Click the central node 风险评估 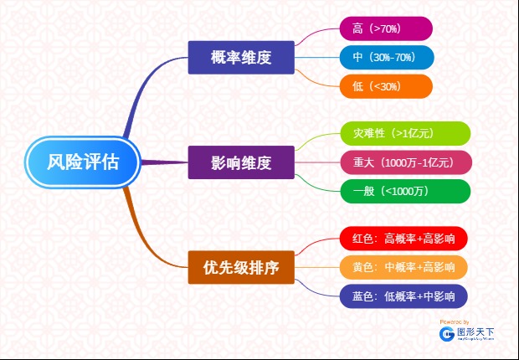pos(82,161)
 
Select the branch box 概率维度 pos(240,58)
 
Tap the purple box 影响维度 pos(240,162)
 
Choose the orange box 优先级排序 pos(240,267)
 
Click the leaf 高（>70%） pos(385,29)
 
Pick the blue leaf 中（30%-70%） pos(385,58)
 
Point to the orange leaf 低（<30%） pos(385,86)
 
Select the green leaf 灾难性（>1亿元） pos(405,133)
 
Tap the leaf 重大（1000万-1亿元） pos(405,162)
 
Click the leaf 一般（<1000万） pos(405,191)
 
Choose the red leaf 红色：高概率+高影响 pos(403,239)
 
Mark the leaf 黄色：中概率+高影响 pos(403,267)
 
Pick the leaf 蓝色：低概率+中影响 pos(403,296)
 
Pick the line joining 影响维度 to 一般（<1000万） pos(318,182)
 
